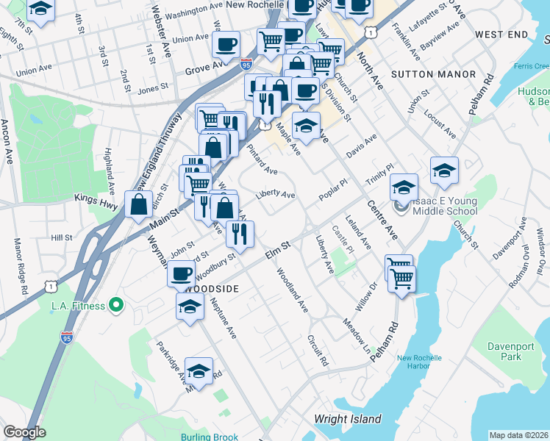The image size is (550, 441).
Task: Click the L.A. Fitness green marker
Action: click(115, 304)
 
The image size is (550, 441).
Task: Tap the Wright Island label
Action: click(348, 420)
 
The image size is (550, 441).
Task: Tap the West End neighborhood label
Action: click(501, 35)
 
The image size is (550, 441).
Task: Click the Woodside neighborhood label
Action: click(213, 289)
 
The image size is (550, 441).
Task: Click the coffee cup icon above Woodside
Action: click(181, 274)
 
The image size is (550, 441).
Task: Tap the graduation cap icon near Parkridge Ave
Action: click(199, 371)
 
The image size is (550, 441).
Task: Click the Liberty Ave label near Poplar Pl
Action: click(275, 196)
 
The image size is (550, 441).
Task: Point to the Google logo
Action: click(24, 432)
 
